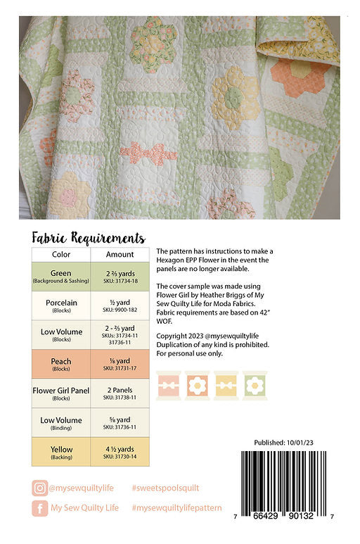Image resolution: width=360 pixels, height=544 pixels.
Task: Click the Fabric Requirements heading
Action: (89, 238)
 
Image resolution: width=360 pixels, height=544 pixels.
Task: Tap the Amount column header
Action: (120, 254)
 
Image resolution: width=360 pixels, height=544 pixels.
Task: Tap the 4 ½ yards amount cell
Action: (120, 451)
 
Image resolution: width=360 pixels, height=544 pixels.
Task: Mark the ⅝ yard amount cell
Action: (120, 422)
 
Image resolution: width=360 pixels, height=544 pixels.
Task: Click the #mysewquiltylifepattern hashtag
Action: (176, 507)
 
